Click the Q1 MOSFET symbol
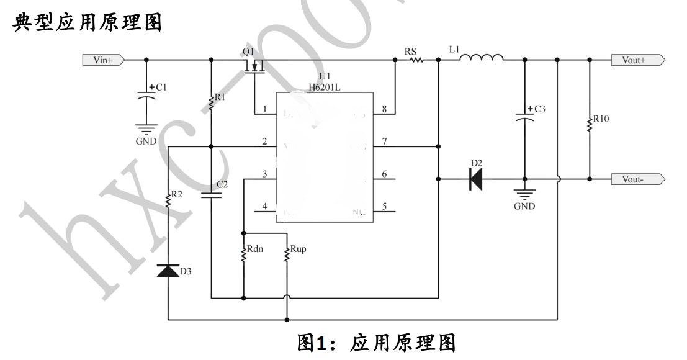(x=255, y=67)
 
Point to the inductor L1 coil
(x=481, y=58)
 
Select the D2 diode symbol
(x=476, y=179)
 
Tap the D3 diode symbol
(x=168, y=271)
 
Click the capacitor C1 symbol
(x=146, y=97)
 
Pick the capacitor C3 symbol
(x=524, y=118)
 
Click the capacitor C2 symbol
(x=212, y=194)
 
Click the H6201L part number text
(x=325, y=88)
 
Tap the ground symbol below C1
(x=146, y=130)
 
